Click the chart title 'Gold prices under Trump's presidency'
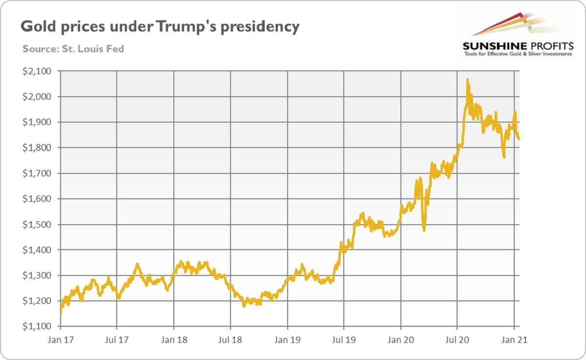(x=159, y=27)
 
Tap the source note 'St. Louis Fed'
(x=73, y=49)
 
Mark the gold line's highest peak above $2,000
(x=467, y=80)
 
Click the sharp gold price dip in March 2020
(x=424, y=230)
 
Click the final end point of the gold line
(x=519, y=139)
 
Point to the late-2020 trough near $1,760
(x=503, y=157)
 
